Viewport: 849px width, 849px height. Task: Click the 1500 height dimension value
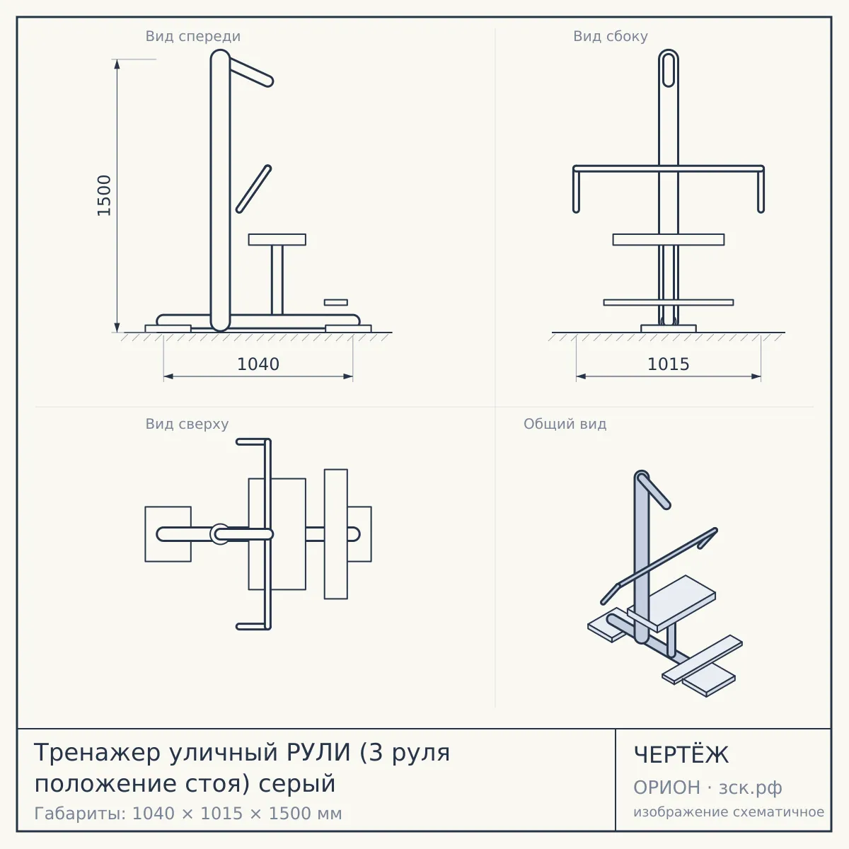pos(105,195)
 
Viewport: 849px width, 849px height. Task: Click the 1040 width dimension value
pos(258,364)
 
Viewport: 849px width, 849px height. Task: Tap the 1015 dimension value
pos(669,364)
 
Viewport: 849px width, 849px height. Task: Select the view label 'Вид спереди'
pos(193,36)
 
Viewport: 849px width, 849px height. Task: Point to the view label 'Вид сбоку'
pos(611,36)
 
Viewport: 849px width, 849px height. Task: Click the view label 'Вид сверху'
pos(187,424)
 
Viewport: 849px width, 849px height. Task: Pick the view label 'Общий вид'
pos(565,424)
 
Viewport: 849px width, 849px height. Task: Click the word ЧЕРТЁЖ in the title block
pos(681,755)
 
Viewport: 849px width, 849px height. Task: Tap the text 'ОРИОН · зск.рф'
pos(707,787)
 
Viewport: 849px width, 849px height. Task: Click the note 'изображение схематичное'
pos(729,812)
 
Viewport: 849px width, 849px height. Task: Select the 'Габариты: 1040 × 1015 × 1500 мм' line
pos(188,814)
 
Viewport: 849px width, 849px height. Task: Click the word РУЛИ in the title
pos(318,752)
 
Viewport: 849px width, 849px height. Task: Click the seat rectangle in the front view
pos(277,240)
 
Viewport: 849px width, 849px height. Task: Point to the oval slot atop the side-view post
pos(669,69)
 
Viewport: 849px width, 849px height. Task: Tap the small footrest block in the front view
pos(336,302)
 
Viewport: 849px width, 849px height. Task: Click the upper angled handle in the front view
pos(250,73)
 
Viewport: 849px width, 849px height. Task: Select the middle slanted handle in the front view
pos(254,189)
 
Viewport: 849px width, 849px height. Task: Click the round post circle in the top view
pos(220,534)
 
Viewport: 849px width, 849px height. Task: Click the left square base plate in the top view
pos(168,534)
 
